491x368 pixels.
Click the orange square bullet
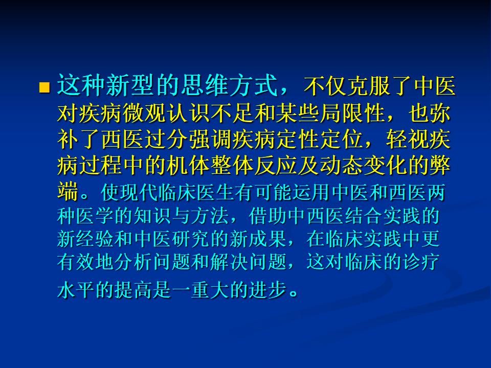click(44, 87)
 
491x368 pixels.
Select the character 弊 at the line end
click(440, 165)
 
